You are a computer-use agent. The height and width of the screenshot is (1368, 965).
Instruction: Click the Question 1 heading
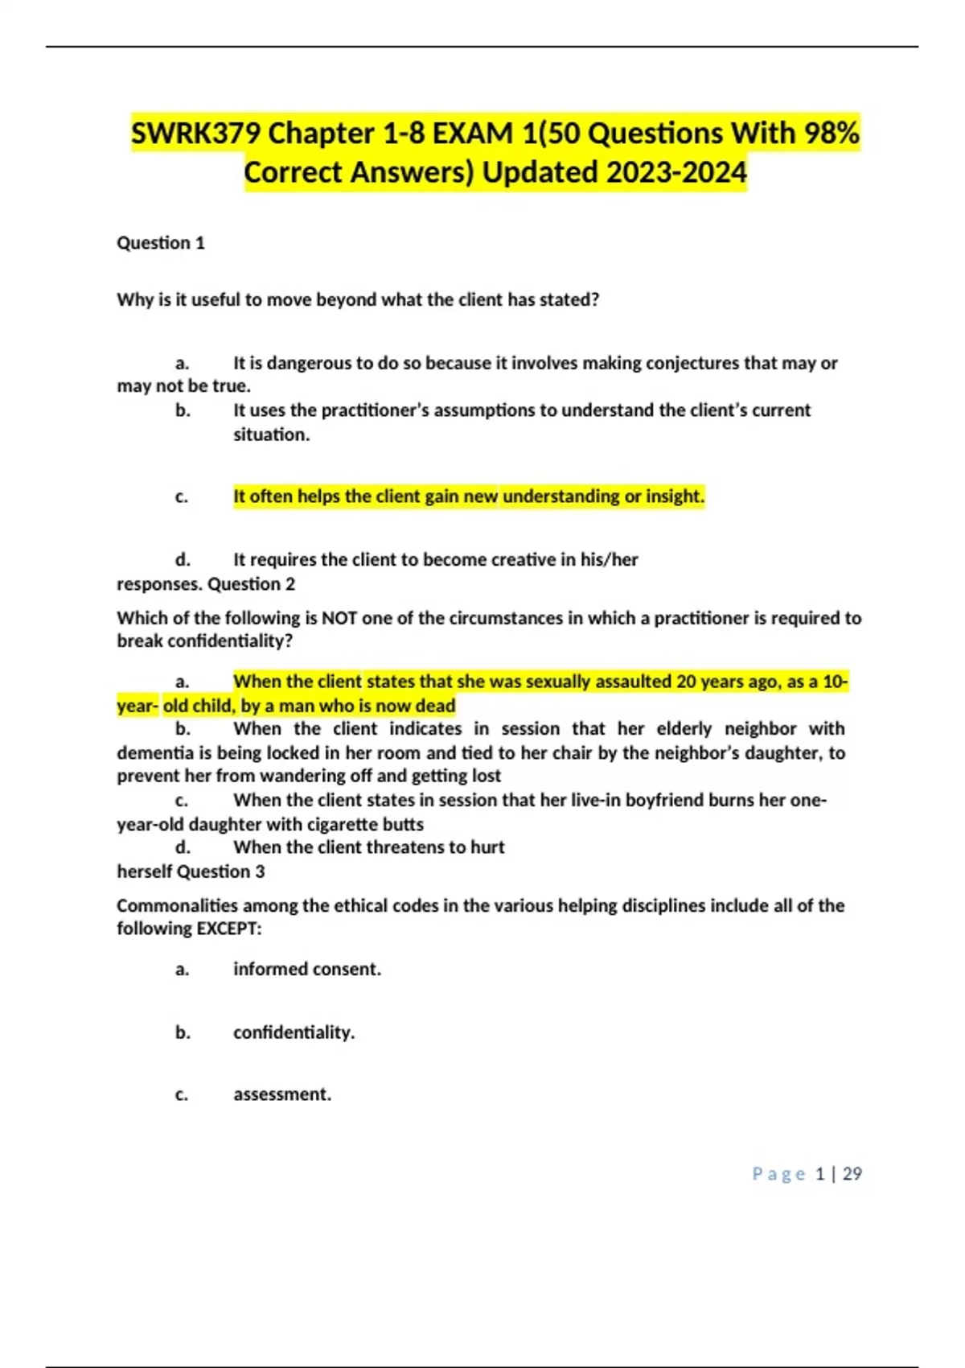pos(161,243)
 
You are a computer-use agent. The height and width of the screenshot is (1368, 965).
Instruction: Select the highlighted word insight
pos(675,497)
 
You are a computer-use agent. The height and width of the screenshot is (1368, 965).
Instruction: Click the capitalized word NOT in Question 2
pos(339,618)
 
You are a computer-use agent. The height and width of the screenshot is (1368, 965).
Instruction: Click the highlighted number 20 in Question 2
pos(686,682)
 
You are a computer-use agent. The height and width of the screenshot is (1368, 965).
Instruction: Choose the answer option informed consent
pos(306,969)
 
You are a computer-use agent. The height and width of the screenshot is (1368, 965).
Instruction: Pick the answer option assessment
pos(281,1094)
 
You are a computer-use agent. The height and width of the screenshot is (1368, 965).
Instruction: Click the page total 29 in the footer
pos(852,1174)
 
